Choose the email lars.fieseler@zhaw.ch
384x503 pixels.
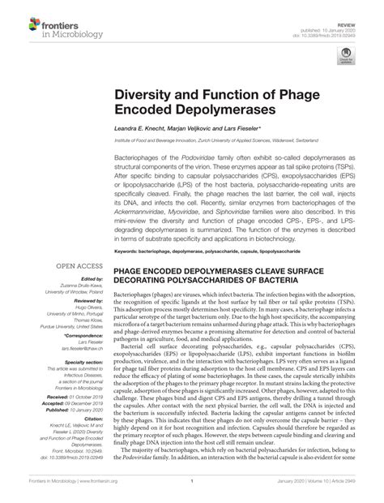(x=81, y=349)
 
